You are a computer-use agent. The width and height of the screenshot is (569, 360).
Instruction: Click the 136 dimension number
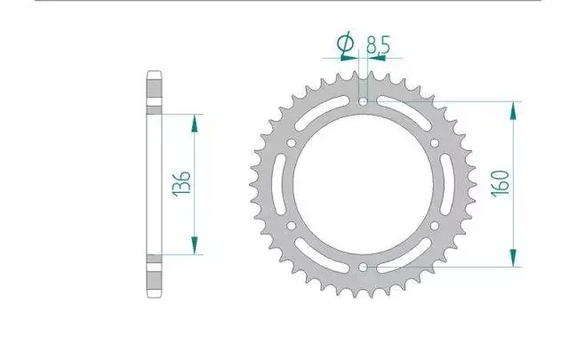[x=181, y=184]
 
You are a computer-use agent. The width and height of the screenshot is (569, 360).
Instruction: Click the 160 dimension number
[x=500, y=183]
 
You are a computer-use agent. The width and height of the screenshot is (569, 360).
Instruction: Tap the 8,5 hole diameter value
[x=378, y=44]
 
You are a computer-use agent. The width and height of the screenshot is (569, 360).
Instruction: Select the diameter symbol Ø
[x=346, y=42]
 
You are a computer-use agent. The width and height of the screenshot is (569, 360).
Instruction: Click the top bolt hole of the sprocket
[x=363, y=101]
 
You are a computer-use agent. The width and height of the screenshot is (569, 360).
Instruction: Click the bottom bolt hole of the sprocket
[x=363, y=268]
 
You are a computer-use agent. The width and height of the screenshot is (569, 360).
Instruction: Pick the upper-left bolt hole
[x=291, y=143]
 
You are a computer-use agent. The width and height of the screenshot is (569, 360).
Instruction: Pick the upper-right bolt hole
[x=435, y=143]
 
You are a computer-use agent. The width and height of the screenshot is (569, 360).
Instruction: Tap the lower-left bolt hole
[x=291, y=226]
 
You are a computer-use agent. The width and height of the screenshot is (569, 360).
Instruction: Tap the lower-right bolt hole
[x=435, y=226]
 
